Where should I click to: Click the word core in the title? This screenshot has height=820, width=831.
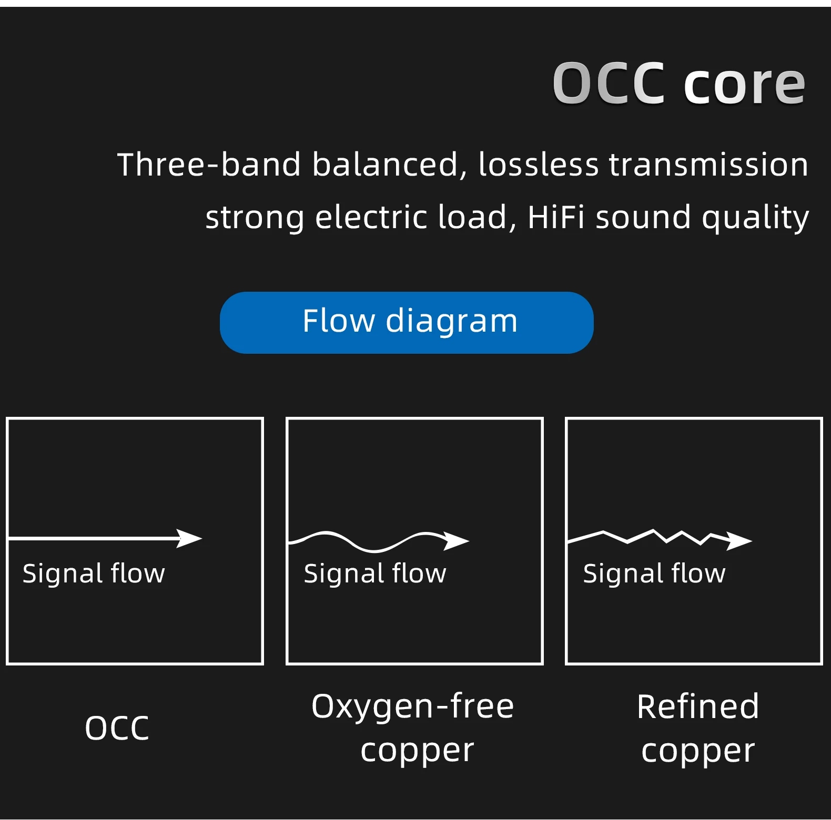click(x=744, y=84)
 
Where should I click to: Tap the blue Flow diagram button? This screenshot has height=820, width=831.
click(x=407, y=322)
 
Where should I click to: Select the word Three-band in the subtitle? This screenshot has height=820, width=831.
click(x=209, y=165)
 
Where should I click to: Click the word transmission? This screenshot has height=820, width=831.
click(x=708, y=165)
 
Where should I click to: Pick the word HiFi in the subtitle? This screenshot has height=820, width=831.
click(x=555, y=217)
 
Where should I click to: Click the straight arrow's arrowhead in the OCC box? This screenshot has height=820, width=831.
click(x=189, y=538)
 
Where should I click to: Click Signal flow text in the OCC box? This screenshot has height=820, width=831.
click(x=94, y=573)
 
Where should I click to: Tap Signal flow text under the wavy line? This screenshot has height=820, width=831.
click(x=375, y=573)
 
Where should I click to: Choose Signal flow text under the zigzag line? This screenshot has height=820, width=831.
click(x=654, y=573)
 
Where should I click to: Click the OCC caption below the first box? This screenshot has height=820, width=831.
click(x=117, y=728)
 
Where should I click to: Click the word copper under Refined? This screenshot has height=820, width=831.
click(x=698, y=751)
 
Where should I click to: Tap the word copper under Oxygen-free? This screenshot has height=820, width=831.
click(x=417, y=751)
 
